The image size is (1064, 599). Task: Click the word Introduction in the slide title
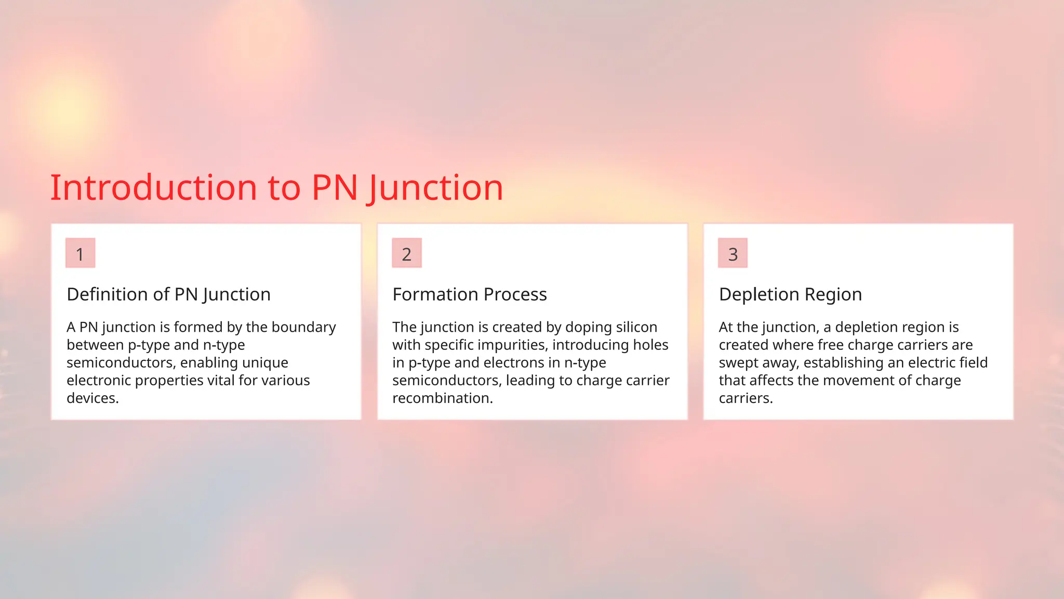point(154,188)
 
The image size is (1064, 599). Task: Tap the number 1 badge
point(80,254)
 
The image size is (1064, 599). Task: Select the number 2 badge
point(406,254)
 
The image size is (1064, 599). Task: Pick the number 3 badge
point(733,254)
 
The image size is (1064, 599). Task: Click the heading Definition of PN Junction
point(168,294)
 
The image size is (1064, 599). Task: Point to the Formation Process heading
point(469,294)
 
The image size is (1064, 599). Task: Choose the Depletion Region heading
point(790,294)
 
